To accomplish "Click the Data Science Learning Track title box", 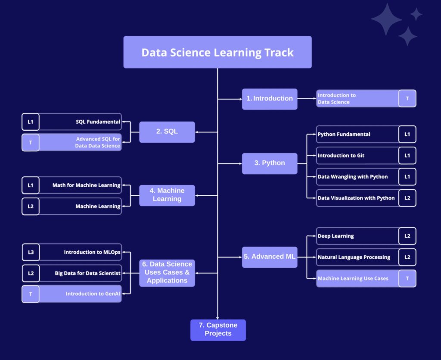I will click(217, 52).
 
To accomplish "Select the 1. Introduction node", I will click(270, 99).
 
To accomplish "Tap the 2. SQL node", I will click(167, 132).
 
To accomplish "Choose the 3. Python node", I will click(270, 163).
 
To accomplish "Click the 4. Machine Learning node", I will click(167, 195).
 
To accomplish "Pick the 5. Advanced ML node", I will click(270, 257).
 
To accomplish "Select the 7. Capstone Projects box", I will click(218, 330).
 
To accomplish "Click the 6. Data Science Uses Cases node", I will click(167, 272).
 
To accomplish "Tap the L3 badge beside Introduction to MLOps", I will click(31, 252).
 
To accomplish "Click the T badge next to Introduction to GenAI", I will click(31, 294).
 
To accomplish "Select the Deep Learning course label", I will click(336, 236).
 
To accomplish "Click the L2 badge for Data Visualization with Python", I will click(407, 198).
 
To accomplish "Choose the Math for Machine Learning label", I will click(86, 185).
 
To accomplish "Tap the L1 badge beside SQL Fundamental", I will click(31, 122).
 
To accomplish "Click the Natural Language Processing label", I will click(354, 257).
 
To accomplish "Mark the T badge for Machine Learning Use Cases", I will click(407, 279).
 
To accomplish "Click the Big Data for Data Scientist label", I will click(87, 273).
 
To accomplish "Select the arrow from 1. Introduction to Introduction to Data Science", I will click(307, 99).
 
